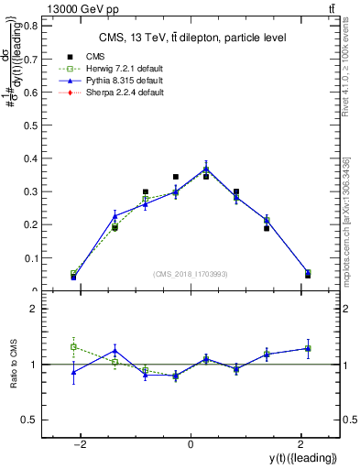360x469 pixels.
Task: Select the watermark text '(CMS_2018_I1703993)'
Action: click(x=191, y=274)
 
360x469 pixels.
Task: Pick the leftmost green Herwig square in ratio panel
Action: click(x=73, y=347)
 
